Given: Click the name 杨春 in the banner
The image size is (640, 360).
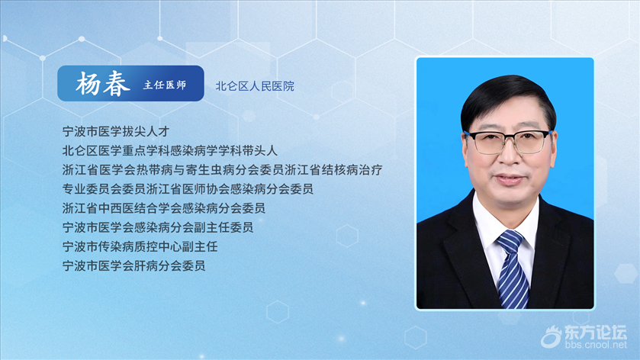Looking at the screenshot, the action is click(x=103, y=84).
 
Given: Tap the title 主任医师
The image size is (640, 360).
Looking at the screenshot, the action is click(x=165, y=85).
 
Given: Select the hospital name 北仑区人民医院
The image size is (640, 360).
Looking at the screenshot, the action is click(x=255, y=86).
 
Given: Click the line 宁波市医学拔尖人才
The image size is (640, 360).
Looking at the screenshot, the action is click(x=116, y=131).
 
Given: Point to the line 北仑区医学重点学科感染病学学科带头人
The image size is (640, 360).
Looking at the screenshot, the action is click(x=170, y=150).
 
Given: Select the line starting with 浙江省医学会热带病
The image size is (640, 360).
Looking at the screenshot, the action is click(x=223, y=170).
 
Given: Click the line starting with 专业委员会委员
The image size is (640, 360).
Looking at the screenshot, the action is click(x=188, y=189).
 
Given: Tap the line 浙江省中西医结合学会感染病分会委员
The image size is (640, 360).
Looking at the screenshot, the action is click(x=164, y=208).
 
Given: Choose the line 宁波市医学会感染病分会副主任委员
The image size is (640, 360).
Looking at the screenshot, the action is click(x=158, y=227).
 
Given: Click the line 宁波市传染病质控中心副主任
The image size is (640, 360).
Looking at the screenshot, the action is click(x=140, y=246).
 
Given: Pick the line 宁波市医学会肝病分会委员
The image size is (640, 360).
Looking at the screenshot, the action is click(x=134, y=265).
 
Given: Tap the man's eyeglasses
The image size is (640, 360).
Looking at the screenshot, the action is click(x=508, y=141).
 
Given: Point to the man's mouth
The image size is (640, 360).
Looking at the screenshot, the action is click(x=509, y=178).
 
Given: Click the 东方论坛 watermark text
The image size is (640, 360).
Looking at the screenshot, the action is click(x=596, y=333).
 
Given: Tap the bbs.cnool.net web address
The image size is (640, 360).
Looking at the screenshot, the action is click(x=596, y=345).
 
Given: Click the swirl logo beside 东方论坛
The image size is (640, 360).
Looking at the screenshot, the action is click(x=552, y=337).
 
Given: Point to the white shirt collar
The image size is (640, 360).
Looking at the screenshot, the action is click(x=505, y=223).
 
